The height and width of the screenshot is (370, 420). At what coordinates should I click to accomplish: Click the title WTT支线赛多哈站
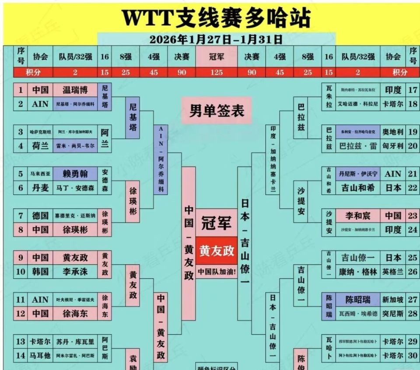(x=216, y=18)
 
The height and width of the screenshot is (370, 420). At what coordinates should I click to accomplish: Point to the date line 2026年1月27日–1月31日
(x=216, y=39)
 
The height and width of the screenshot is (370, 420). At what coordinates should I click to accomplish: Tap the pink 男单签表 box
(x=217, y=111)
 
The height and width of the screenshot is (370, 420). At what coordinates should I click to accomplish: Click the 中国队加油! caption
(x=217, y=271)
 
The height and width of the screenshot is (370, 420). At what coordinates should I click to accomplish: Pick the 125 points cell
(x=217, y=73)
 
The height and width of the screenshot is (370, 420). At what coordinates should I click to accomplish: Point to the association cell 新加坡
(x=393, y=300)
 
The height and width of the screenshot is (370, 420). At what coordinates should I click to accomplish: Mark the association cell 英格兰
(x=393, y=271)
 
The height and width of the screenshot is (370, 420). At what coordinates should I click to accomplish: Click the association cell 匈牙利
(x=393, y=146)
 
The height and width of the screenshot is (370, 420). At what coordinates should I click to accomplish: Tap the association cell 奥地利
(x=393, y=132)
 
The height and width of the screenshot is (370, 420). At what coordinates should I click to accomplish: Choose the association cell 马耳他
(x=40, y=356)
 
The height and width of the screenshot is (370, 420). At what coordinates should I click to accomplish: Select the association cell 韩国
(x=40, y=271)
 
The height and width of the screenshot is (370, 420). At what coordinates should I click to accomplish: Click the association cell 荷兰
(x=40, y=146)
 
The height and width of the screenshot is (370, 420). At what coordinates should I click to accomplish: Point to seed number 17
(x=412, y=90)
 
